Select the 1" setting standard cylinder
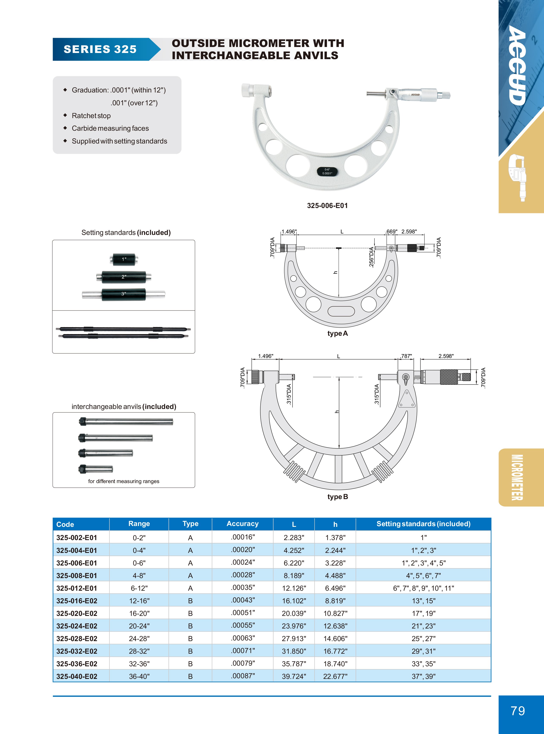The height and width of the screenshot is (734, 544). pyautogui.click(x=123, y=259)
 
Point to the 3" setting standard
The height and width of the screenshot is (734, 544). pyautogui.click(x=123, y=294)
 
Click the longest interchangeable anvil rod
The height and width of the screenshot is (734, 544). pyautogui.click(x=126, y=421)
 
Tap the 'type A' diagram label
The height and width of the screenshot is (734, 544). pyautogui.click(x=338, y=333)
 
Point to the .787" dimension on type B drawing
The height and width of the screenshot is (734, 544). pyautogui.click(x=406, y=356)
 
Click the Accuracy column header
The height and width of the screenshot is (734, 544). pyautogui.click(x=242, y=524)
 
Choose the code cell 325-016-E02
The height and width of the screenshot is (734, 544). pyautogui.click(x=77, y=601)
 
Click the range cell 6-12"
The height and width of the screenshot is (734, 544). pyautogui.click(x=139, y=588)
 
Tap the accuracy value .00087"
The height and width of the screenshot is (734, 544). pyautogui.click(x=243, y=676)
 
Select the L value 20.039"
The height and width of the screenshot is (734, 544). pyautogui.click(x=294, y=613)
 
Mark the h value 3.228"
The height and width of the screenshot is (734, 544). pyautogui.click(x=335, y=563)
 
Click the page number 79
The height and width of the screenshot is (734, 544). pyautogui.click(x=518, y=711)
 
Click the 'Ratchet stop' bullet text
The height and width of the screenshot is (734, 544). pyautogui.click(x=91, y=116)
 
